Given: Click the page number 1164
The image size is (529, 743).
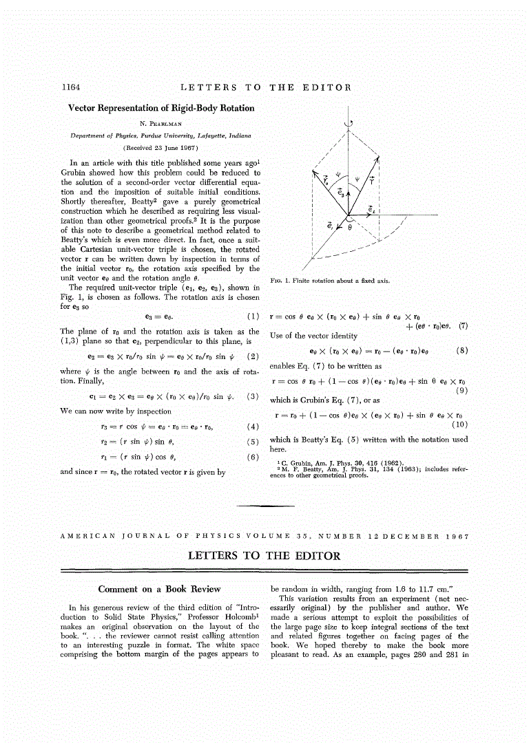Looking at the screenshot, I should coord(72,87).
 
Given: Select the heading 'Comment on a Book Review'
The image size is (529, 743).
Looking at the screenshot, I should coord(159,589).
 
